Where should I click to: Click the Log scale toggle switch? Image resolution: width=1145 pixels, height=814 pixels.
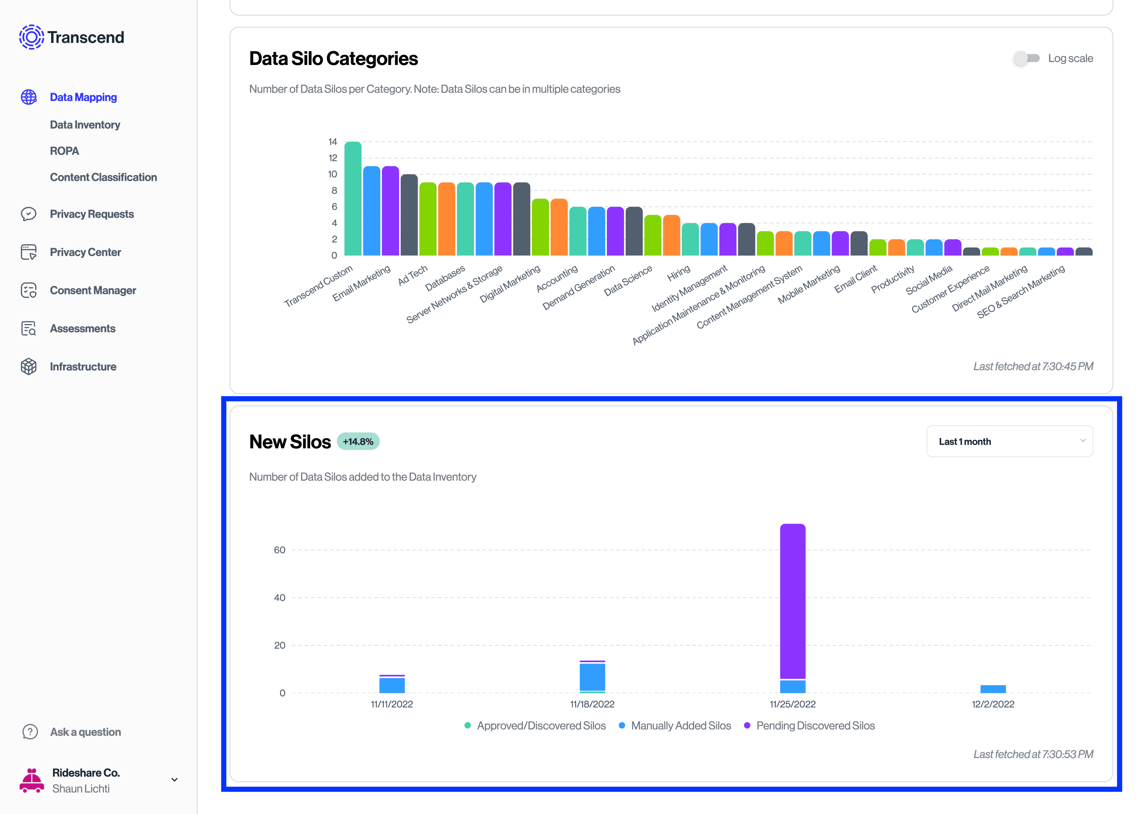[x=1026, y=58]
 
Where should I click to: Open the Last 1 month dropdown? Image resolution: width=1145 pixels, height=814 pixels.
[x=1009, y=441]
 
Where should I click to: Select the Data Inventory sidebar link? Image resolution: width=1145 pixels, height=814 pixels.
[x=85, y=125]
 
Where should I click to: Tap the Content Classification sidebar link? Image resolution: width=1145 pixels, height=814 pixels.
[x=103, y=177]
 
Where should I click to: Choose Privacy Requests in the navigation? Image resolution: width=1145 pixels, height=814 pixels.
[x=92, y=214]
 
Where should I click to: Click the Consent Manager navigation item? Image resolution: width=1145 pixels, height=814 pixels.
[x=93, y=290]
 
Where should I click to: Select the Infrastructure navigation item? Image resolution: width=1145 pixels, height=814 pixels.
[x=83, y=366]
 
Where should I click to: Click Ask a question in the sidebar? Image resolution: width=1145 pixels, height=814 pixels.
[x=85, y=732]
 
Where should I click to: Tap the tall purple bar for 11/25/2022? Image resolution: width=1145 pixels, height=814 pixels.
[x=793, y=601]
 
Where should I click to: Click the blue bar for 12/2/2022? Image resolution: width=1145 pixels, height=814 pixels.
[x=993, y=689]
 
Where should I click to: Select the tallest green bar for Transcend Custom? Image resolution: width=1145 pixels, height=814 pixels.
[x=353, y=199]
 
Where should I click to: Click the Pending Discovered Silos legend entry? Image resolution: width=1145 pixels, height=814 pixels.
[x=815, y=726]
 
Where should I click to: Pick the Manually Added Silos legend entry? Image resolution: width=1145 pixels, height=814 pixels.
[x=680, y=726]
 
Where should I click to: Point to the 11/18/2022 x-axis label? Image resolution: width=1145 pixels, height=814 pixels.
[x=592, y=704]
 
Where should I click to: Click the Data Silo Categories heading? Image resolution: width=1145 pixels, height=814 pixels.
[x=333, y=59]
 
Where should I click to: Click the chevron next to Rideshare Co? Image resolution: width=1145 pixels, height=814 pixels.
[x=174, y=780]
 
